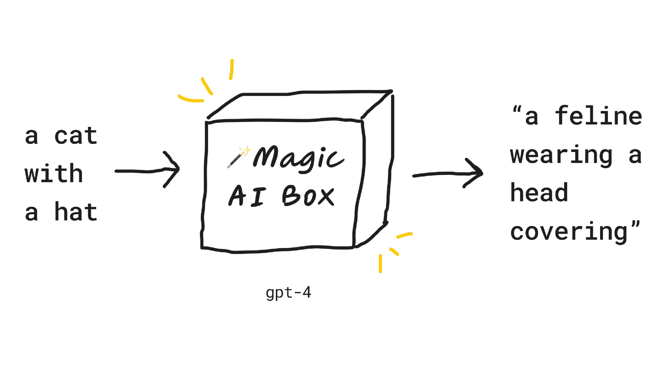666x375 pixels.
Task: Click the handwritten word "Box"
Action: coord(308,196)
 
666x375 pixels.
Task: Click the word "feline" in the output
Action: coord(598,116)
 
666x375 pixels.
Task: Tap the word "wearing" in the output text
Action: coord(561,155)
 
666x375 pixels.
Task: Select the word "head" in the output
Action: coord(539,193)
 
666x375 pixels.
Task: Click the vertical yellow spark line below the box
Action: coord(380,263)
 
